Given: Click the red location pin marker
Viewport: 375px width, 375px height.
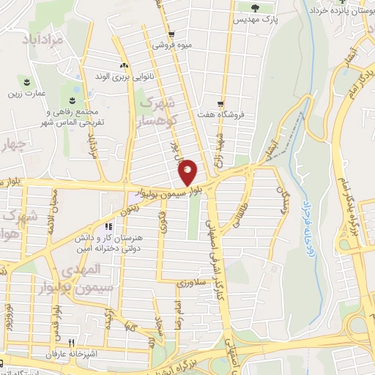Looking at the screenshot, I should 188,171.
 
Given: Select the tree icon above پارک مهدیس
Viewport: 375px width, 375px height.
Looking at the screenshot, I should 255,8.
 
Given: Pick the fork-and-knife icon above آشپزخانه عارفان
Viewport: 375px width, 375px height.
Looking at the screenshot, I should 72,342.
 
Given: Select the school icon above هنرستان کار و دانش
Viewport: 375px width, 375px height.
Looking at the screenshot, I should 108,227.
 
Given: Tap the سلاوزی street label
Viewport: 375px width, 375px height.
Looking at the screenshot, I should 193,281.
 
